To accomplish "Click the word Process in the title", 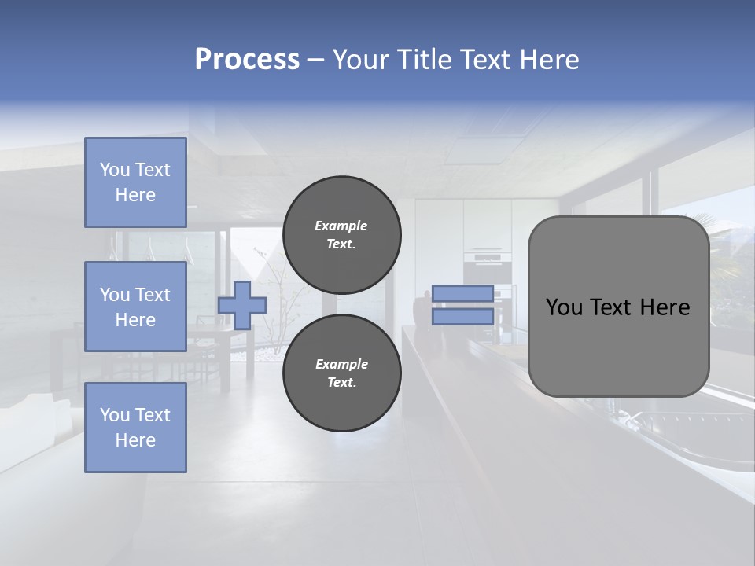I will pos(247,60).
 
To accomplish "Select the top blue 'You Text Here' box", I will pos(135,182).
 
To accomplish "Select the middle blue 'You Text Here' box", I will pos(135,307).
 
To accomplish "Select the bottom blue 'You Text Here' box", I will pos(135,428).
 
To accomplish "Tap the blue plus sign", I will pos(242,306).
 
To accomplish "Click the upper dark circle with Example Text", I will pos(342,235).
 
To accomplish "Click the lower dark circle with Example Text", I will pos(342,373).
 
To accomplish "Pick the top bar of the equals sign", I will pos(462,294).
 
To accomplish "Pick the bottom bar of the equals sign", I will pos(462,317).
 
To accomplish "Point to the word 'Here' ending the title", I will pos(551,60).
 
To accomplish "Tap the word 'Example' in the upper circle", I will pos(341,226).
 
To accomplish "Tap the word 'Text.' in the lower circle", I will pos(341,383).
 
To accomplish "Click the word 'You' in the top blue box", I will pos(115,170).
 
